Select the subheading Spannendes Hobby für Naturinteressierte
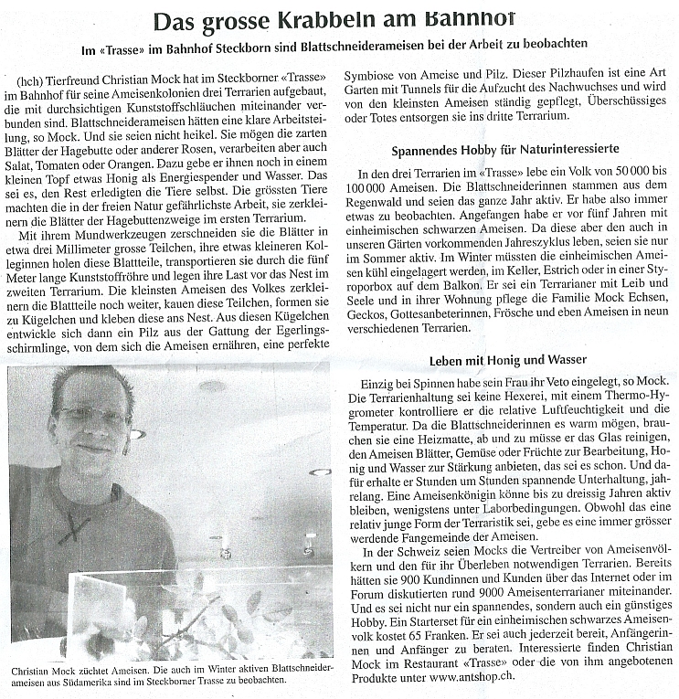coord(505,148)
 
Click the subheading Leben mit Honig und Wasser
coord(505,359)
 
